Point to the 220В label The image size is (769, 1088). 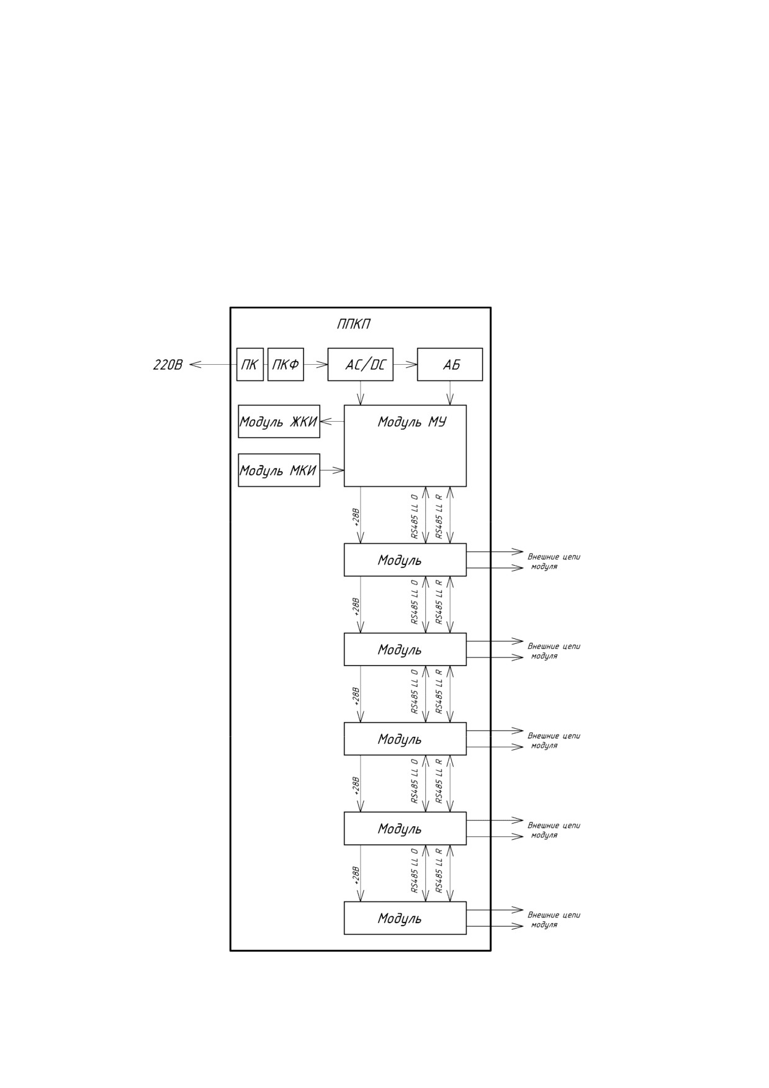[x=168, y=365]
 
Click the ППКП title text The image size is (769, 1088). [x=354, y=324]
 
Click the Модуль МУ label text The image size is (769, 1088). [x=412, y=422]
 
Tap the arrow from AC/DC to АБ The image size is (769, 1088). [x=405, y=364]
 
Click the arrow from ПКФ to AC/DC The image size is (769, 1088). [x=316, y=364]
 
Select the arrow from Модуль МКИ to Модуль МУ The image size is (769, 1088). [x=332, y=470]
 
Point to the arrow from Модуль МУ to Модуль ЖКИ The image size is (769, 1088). [x=332, y=422]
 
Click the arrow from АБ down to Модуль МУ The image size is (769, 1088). [x=450, y=393]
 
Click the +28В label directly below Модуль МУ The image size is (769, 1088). [x=356, y=517]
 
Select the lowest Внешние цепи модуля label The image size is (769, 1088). [x=554, y=919]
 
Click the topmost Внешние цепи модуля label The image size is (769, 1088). [x=554, y=561]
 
